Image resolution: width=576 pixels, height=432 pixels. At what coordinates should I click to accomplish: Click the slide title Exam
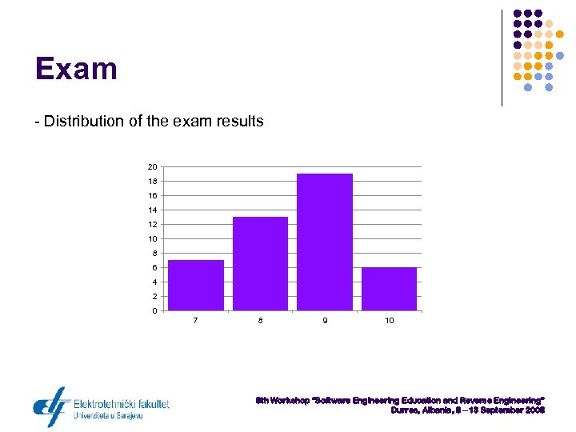pos(76,69)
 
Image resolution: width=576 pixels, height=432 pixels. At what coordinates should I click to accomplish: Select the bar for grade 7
pos(196,285)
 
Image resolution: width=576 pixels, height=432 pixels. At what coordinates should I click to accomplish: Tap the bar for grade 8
pos(260,263)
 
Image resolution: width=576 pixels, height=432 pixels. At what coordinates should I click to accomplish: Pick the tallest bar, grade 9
pos(324,242)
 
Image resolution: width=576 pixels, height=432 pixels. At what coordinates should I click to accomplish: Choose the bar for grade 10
pos(389,289)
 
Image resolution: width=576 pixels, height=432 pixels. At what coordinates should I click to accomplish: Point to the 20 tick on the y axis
pos(152,167)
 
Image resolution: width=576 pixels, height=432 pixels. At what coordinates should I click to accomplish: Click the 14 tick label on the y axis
pos(152,210)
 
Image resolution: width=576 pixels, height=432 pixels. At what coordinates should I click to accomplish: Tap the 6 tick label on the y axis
pos(154,268)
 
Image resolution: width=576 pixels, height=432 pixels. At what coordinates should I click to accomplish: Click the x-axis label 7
pos(196,321)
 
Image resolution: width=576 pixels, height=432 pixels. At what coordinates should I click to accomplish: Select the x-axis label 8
pos(260,321)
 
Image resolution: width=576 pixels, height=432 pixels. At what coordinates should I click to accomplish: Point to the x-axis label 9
pos(324,321)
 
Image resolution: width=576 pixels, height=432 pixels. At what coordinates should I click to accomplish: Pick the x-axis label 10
pos(389,321)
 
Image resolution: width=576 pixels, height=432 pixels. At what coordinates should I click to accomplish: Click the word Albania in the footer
pos(438,410)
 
